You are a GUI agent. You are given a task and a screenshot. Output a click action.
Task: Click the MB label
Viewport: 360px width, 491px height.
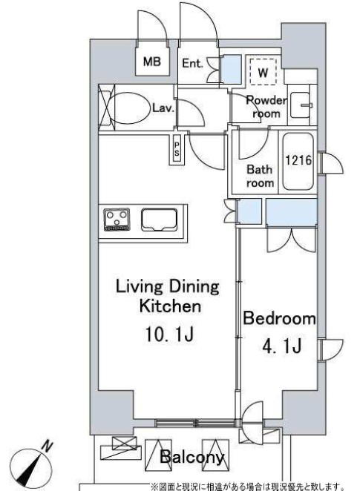152,62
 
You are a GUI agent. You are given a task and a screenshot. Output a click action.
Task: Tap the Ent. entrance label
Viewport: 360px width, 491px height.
192,63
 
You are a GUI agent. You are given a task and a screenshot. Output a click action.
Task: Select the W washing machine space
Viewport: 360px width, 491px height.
264,71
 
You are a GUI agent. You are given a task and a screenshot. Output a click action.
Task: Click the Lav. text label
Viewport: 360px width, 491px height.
163,108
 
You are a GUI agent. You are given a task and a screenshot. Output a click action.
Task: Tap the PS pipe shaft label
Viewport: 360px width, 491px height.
177,149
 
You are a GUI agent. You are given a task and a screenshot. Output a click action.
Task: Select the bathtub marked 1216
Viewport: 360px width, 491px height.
298,162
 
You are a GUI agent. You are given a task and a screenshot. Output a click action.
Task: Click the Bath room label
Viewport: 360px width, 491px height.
260,176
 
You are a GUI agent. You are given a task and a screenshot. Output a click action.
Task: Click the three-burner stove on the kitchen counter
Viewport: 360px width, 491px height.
117,220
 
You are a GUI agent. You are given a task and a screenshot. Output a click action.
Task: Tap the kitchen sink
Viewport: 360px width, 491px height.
159,220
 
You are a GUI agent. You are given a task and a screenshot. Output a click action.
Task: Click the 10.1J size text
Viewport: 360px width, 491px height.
169,334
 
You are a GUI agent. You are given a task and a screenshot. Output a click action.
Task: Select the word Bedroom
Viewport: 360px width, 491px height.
280,318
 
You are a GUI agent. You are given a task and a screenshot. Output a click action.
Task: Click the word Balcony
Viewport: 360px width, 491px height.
192,458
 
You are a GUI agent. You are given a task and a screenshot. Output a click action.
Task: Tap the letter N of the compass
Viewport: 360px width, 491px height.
48,446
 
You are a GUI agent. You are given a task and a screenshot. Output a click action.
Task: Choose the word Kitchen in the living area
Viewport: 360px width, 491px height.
170,306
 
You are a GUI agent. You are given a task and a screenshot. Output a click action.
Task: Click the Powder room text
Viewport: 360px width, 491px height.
266,107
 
